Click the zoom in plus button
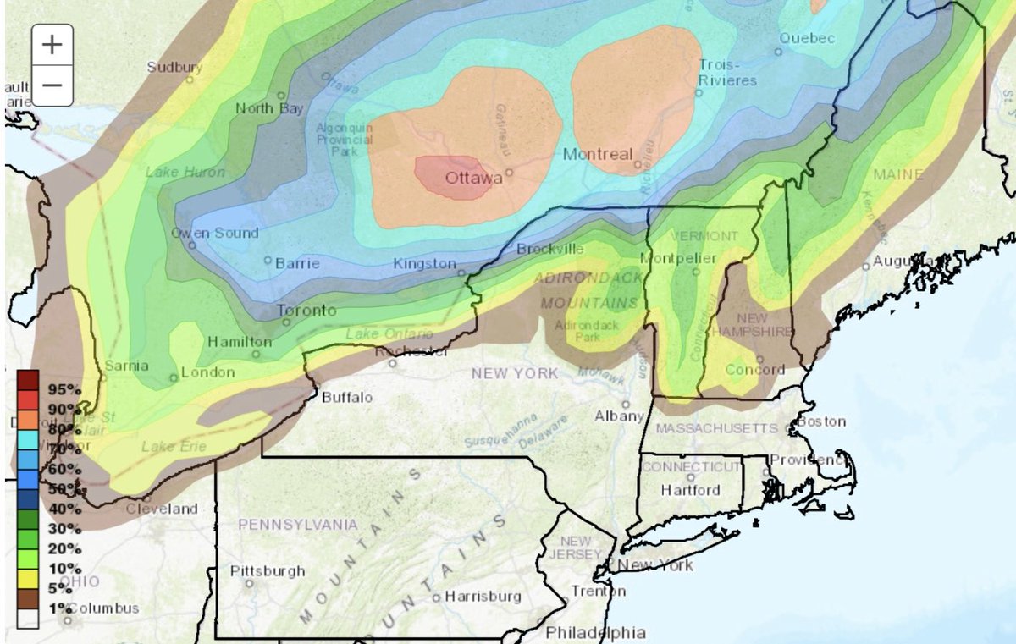52,44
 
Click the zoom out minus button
52,85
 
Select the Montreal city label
598,154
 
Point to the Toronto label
307,311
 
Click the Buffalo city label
347,397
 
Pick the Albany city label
619,416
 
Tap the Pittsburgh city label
268,570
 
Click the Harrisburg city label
483,596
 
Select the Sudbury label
175,67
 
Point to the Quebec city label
807,38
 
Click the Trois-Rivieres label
727,73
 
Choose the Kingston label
424,263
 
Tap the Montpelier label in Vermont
678,258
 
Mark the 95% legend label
64,389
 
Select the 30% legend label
64,529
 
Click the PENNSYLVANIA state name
297,525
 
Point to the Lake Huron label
185,172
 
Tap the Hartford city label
690,489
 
